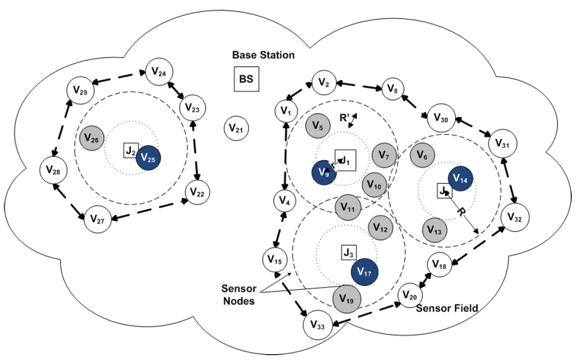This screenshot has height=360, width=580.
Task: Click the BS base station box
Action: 246,80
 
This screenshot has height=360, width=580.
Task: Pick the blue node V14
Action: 461,178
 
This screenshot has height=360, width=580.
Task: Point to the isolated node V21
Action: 236,128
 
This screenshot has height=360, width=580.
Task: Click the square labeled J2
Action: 130,151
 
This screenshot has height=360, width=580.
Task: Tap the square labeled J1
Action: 345,160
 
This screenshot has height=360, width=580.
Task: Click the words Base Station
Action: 263,55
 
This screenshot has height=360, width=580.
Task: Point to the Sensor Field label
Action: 447,308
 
